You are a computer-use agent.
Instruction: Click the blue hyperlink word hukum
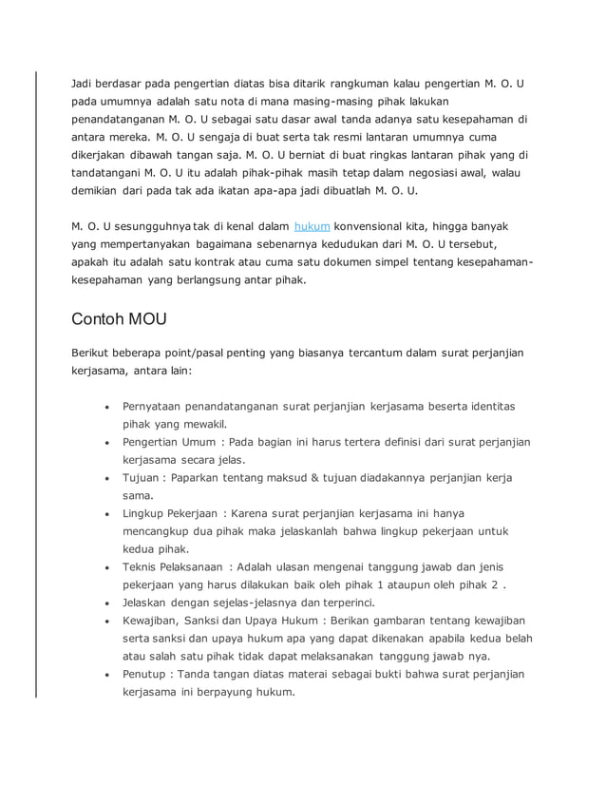click(x=312, y=227)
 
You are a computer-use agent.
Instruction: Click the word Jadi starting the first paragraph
click(x=84, y=83)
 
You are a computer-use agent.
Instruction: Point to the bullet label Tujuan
click(x=141, y=478)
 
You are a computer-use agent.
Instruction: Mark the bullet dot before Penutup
click(x=109, y=676)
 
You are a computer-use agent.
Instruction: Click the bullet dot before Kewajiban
click(x=109, y=622)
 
